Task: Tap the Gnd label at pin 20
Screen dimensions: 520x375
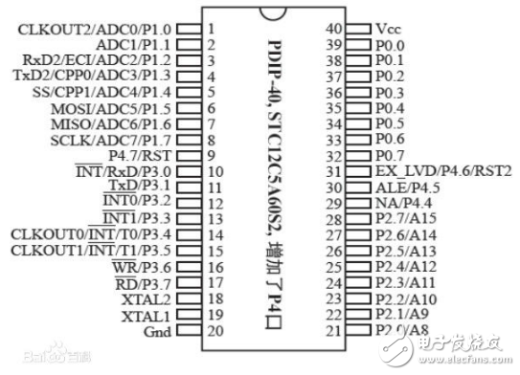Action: (155, 331)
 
